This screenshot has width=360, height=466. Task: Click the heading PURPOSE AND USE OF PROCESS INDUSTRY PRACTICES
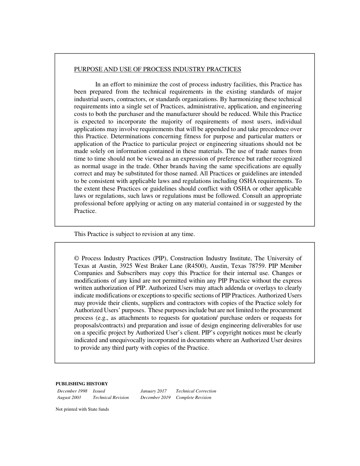157,69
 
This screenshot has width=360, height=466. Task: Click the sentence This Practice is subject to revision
134,234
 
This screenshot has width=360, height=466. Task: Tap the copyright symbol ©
77,258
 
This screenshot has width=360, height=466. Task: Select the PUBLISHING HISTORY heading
81,384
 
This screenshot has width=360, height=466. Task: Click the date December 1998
72,391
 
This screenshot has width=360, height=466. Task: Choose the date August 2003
69,397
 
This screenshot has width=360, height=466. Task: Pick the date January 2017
153,391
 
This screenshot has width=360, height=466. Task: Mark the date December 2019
155,397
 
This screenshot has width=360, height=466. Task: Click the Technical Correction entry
196,391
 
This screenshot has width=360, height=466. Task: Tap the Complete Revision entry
193,397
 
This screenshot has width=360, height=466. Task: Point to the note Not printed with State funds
82,409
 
